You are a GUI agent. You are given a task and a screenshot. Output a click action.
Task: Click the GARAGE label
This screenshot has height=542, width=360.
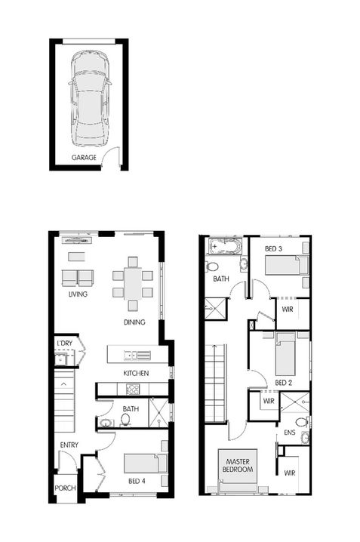pyautogui.click(x=84, y=158)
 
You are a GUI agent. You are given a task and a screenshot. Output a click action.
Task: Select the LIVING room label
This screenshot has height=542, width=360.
pyautogui.click(x=78, y=294)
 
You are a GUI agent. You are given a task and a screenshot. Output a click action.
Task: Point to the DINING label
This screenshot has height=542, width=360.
pyautogui.click(x=135, y=323)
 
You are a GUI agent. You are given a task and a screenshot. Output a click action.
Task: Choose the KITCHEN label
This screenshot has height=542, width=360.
pyautogui.click(x=136, y=373)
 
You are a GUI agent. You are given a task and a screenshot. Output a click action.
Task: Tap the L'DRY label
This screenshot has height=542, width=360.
pyautogui.click(x=64, y=344)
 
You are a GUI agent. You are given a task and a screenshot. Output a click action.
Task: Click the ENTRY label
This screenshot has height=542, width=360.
pyautogui.click(x=69, y=445)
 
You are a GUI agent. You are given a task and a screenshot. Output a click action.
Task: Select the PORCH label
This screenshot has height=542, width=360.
pyautogui.click(x=65, y=488)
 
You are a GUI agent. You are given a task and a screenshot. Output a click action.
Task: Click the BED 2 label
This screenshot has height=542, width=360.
pyautogui.click(x=283, y=383)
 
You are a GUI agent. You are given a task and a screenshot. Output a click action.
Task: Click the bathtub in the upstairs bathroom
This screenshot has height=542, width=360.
pyautogui.click(x=224, y=247)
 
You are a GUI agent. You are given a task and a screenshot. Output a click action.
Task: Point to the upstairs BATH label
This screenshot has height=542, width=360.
pyautogui.click(x=220, y=279)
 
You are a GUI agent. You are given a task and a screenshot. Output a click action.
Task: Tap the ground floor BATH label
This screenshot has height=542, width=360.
pyautogui.click(x=131, y=409)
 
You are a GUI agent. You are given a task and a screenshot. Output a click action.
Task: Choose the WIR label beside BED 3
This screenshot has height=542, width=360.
pyautogui.click(x=287, y=309)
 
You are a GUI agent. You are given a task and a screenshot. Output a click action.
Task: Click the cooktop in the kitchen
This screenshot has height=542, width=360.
pyautogui.click(x=133, y=390)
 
